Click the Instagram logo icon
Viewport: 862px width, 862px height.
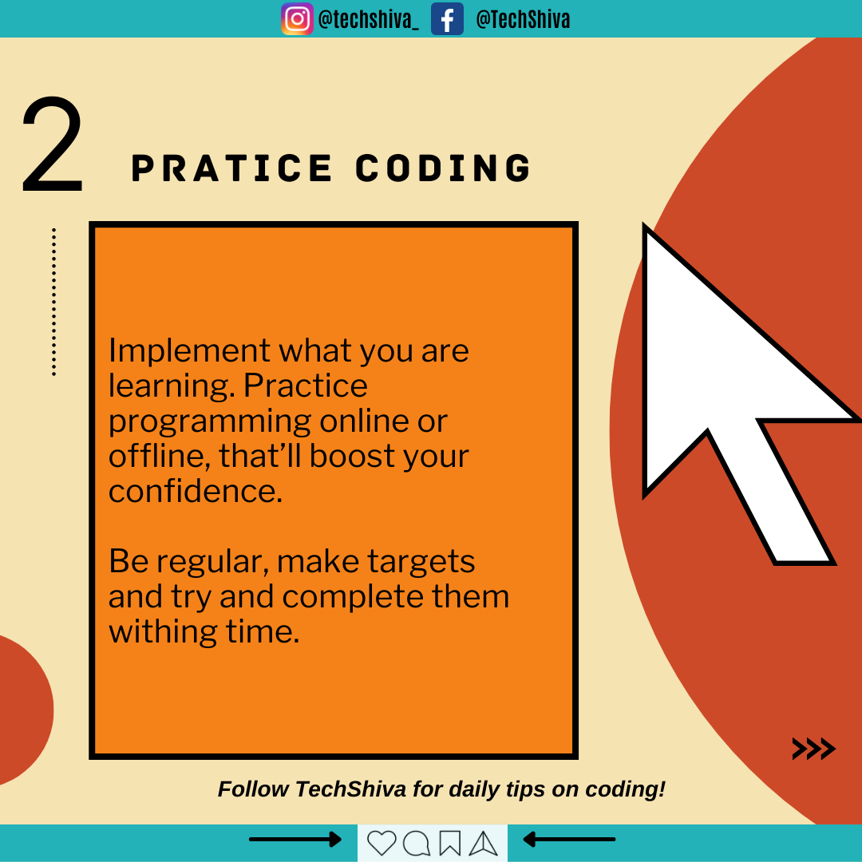298,18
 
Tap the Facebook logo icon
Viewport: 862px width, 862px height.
447,18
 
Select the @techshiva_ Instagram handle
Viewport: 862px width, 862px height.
368,20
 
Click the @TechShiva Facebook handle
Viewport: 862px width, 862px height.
523,19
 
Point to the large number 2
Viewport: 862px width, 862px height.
52,144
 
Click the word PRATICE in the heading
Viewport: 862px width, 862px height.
231,168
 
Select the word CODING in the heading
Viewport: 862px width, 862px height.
443,168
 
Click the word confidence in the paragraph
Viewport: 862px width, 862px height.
196,490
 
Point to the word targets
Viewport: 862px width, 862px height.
421,563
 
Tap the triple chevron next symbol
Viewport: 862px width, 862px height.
813,749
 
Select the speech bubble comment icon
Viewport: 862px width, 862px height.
416,844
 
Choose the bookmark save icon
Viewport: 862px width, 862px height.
449,844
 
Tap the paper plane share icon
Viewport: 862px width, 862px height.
483,844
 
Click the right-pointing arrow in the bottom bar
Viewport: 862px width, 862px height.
295,840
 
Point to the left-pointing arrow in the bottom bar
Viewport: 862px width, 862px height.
569,840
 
